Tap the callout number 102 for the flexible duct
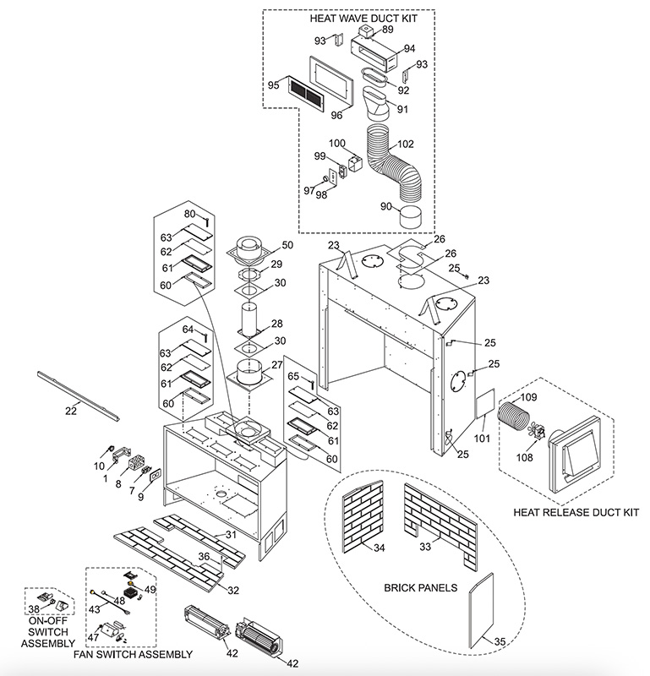click(406, 144)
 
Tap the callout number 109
click(528, 397)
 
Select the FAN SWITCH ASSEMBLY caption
click(140, 654)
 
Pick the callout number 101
click(482, 438)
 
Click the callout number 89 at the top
click(387, 30)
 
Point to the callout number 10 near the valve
click(98, 466)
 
